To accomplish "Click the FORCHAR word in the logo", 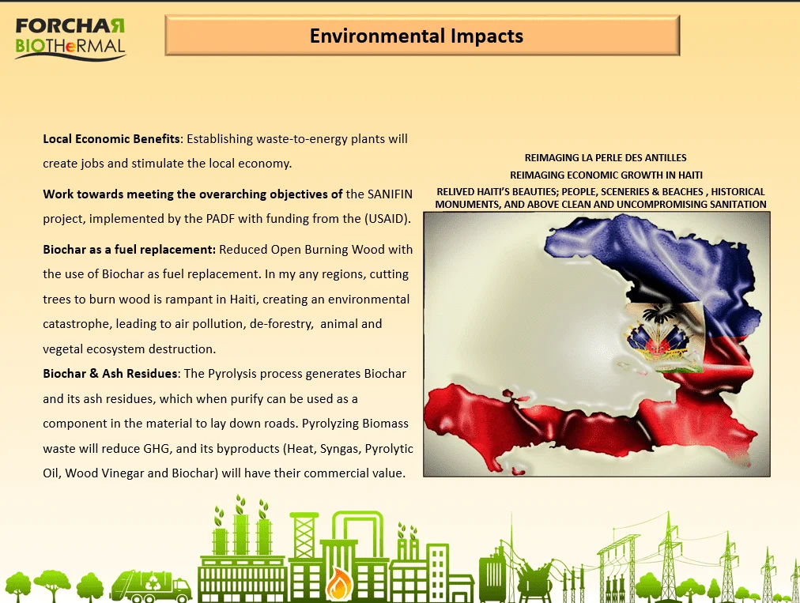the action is [70, 26].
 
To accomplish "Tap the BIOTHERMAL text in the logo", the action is [70, 46].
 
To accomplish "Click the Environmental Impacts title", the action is [417, 36].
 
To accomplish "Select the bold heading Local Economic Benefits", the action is [111, 139].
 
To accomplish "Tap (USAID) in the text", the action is [387, 219].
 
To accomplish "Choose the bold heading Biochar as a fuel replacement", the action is [129, 250].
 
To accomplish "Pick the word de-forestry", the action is [281, 324].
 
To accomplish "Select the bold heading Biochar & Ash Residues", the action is [111, 374].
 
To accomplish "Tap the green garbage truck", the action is [151, 586].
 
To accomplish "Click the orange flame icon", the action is [336, 583].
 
